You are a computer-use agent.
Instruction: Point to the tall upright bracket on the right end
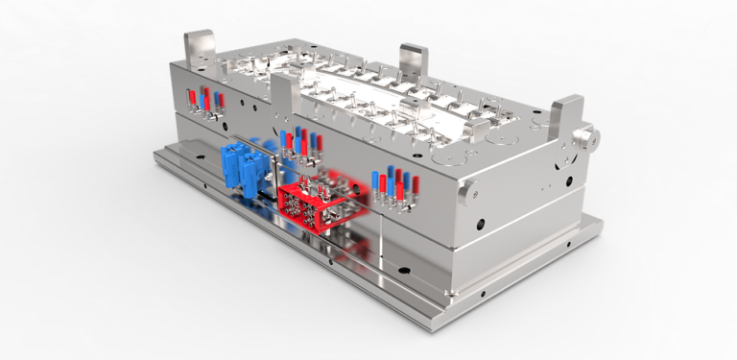[566, 116]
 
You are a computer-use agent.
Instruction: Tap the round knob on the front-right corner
[468, 193]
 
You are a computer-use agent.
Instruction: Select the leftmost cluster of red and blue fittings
[202, 104]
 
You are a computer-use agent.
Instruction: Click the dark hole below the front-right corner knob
[478, 225]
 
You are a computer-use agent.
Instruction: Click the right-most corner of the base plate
[601, 222]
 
